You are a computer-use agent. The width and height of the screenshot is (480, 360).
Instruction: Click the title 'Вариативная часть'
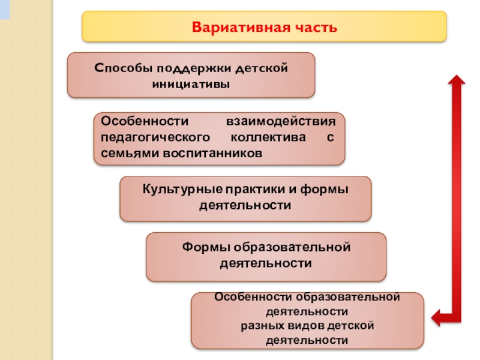point(265,28)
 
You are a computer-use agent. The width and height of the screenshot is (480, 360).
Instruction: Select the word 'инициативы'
point(191,83)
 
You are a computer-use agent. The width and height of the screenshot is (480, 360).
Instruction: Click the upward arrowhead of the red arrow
point(457,80)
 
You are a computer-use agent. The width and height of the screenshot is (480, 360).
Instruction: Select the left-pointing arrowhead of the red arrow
point(437,316)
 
